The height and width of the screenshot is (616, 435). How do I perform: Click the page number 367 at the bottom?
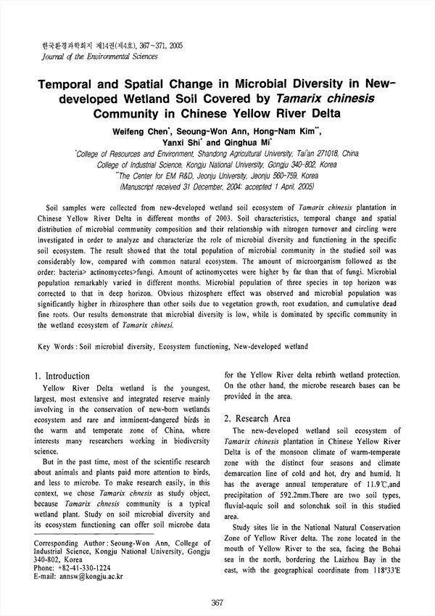tap(216, 602)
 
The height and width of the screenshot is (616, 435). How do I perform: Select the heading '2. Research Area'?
tap(257, 419)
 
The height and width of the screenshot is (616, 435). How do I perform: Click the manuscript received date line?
tap(217, 186)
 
